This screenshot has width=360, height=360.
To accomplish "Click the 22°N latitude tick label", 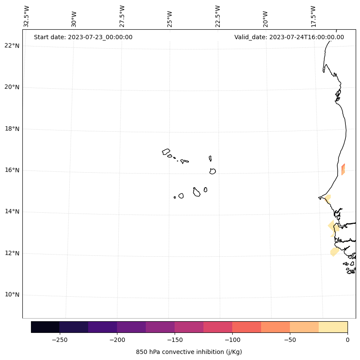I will click(x=12, y=46).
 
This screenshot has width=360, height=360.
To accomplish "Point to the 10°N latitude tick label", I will click(x=12, y=295).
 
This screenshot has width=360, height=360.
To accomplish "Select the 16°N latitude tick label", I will click(x=12, y=170).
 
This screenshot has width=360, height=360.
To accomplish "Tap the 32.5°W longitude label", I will click(x=27, y=16).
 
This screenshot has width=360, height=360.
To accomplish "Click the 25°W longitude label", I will click(x=170, y=18).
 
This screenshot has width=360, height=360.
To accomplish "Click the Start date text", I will click(x=83, y=37).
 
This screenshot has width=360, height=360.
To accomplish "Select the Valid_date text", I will click(x=289, y=37).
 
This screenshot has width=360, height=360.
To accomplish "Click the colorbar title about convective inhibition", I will click(x=189, y=352).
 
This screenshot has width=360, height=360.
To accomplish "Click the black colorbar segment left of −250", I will click(x=45, y=327).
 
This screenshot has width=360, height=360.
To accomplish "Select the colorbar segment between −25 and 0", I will click(x=333, y=327).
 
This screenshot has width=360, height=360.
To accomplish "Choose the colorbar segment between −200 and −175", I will click(x=131, y=327).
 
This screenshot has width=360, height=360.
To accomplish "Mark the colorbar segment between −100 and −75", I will click(x=246, y=327).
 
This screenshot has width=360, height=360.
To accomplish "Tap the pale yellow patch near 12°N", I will click(x=335, y=251).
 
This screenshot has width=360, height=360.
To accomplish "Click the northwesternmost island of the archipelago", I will click(x=166, y=152).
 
